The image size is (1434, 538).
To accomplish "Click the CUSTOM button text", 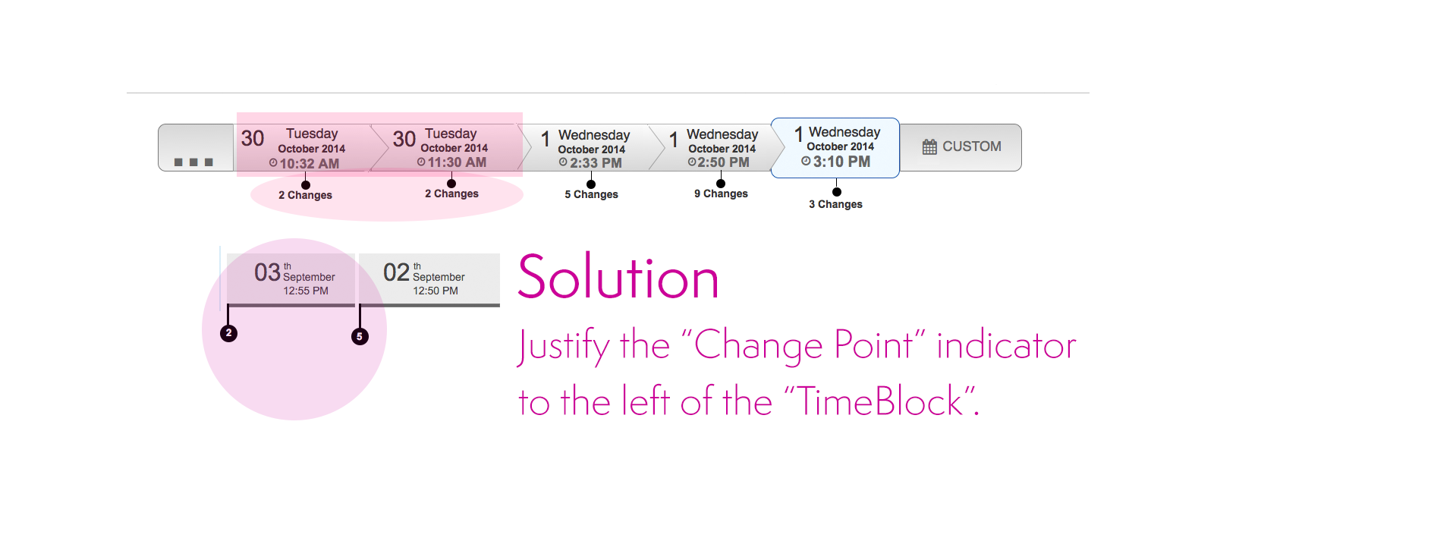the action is (971, 146).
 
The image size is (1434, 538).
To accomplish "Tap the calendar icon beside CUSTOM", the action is (929, 147).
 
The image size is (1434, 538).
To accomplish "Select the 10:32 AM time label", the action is (309, 163).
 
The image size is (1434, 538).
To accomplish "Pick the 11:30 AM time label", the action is (457, 162).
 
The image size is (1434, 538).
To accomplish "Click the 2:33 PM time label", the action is (596, 163).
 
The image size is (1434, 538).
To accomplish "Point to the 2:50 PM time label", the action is (723, 162).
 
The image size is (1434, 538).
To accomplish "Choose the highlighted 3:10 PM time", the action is (841, 162).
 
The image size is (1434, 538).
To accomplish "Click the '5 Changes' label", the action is (591, 194).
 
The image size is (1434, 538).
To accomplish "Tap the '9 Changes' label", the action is (721, 193).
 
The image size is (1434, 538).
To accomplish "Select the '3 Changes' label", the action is (835, 204).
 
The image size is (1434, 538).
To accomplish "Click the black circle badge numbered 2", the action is (228, 333).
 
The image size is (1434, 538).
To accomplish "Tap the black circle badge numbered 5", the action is (360, 336).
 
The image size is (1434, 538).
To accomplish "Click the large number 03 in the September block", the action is (267, 272).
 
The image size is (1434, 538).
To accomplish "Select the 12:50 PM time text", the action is (436, 291).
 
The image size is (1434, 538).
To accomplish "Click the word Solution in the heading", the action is (618, 278).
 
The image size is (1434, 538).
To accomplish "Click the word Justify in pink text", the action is (563, 347).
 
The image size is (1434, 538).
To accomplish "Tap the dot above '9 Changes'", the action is (721, 184).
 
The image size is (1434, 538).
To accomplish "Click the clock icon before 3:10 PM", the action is (806, 161).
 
